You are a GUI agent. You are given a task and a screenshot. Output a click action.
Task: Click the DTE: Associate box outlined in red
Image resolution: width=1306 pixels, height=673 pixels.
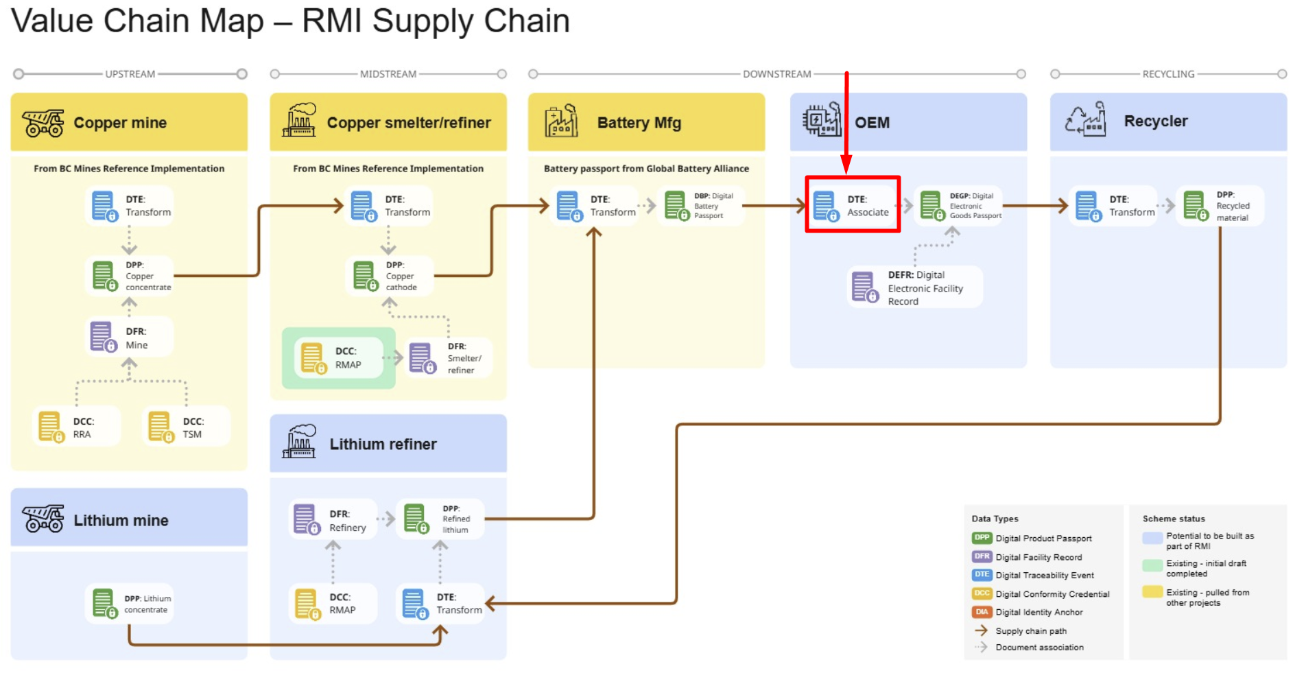(853, 205)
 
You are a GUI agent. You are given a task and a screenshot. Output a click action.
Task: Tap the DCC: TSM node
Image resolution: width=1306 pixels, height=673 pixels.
(185, 427)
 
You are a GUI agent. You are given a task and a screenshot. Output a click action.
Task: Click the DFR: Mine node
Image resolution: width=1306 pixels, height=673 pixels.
(128, 338)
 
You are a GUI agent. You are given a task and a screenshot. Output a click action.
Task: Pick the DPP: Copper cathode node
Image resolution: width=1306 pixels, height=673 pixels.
(390, 276)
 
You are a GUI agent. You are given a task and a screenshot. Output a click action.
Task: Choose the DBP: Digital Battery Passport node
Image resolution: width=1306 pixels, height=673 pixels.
(700, 206)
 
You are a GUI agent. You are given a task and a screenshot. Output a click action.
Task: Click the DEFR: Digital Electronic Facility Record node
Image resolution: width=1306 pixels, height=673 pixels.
(914, 287)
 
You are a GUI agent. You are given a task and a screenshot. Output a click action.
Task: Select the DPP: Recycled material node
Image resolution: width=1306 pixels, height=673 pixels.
(1219, 206)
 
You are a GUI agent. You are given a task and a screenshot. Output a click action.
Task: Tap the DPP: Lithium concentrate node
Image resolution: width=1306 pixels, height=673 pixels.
(129, 604)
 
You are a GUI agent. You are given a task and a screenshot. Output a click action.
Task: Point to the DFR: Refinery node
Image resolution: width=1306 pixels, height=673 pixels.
(333, 520)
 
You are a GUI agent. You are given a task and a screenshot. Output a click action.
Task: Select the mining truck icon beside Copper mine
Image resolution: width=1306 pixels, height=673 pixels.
(43, 123)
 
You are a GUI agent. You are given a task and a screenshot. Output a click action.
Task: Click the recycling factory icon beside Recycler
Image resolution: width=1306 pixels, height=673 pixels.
(1085, 120)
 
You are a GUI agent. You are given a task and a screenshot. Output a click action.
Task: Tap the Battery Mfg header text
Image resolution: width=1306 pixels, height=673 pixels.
(639, 123)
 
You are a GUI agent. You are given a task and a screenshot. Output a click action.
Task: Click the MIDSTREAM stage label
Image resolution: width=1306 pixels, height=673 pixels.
(388, 74)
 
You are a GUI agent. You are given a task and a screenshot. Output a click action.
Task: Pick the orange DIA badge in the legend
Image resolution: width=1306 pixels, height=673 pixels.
(982, 612)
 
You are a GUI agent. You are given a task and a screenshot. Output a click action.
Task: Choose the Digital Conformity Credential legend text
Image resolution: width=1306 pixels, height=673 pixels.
(1052, 594)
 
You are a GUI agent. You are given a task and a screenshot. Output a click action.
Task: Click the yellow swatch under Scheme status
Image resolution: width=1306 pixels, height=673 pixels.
(1152, 592)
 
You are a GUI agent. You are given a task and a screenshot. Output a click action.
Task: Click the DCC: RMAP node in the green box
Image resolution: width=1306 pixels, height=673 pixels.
(338, 358)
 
